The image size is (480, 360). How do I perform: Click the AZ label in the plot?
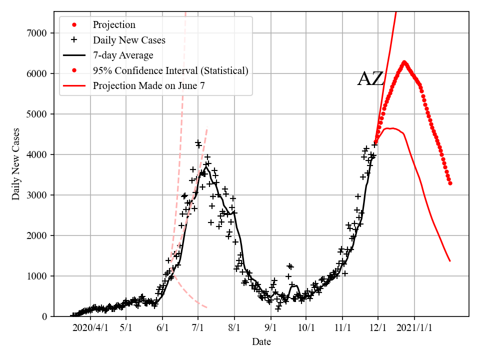click(x=370, y=79)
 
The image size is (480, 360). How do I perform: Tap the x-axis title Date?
click(x=261, y=342)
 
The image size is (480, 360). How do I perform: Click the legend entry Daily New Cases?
click(x=129, y=40)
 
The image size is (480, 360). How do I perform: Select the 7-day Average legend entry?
click(x=123, y=55)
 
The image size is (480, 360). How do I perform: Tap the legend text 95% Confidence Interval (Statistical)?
click(x=170, y=70)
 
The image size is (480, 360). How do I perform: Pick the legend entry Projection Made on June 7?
click(x=148, y=86)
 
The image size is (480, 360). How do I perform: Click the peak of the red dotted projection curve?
click(x=404, y=62)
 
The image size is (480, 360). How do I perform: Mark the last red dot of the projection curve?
click(x=450, y=183)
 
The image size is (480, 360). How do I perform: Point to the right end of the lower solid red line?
click(x=450, y=261)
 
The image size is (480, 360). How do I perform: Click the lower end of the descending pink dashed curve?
click(x=206, y=307)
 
